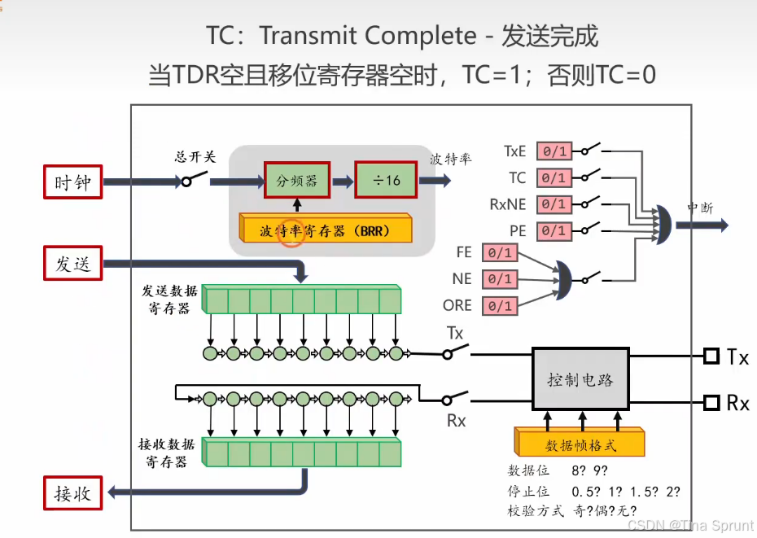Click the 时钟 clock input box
(x=72, y=182)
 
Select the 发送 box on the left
(x=72, y=264)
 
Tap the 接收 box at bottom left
(x=72, y=492)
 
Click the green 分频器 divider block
(x=295, y=181)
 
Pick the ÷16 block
(x=387, y=181)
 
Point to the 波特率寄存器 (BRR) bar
(x=325, y=230)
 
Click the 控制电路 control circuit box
(x=580, y=379)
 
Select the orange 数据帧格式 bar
(x=580, y=445)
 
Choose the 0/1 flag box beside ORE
(x=499, y=306)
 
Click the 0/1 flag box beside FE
(x=499, y=252)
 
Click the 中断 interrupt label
(x=700, y=208)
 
